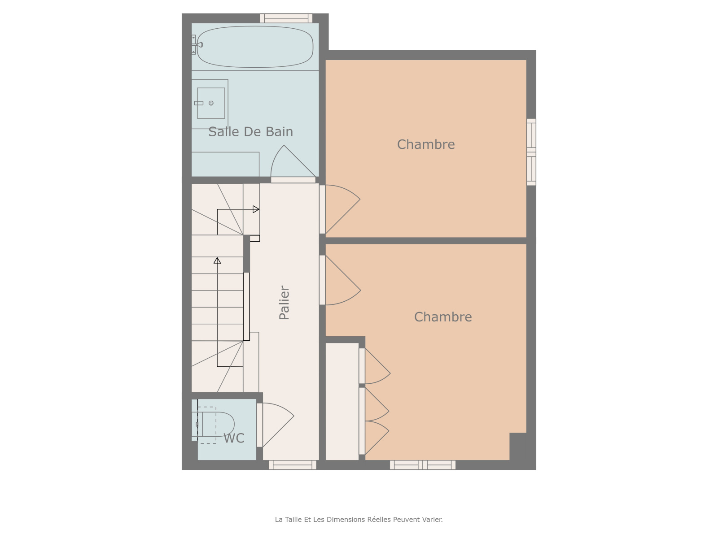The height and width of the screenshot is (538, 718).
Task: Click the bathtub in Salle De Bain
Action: tap(255, 47)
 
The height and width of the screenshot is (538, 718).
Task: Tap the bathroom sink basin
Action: tap(210, 103)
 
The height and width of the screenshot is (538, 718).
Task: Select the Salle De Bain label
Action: tap(250, 132)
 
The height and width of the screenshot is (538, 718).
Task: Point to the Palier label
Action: tap(284, 303)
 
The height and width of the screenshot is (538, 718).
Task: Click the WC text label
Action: tap(234, 438)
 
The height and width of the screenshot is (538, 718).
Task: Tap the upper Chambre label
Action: tap(426, 144)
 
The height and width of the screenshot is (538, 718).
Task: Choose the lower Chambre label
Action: tap(443, 317)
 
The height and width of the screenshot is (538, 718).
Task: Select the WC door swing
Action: tap(278, 425)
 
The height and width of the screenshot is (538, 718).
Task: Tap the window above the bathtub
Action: tap(286, 18)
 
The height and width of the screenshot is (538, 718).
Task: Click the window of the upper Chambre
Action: tap(531, 152)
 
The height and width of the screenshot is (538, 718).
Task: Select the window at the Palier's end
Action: tap(293, 465)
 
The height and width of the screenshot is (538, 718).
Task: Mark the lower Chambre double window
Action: tap(423, 465)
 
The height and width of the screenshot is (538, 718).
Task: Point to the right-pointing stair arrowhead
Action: tap(256, 209)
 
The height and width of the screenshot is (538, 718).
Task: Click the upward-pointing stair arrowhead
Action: tap(217, 260)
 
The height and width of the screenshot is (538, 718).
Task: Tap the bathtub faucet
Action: tap(197, 45)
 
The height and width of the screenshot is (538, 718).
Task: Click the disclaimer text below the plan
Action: tap(359, 519)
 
